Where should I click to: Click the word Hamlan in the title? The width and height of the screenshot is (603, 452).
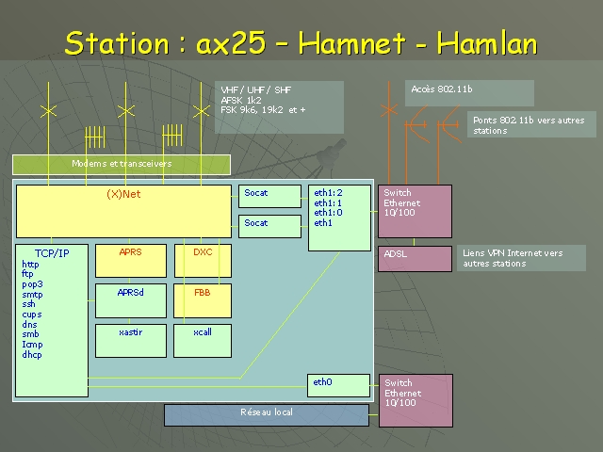coord(487,42)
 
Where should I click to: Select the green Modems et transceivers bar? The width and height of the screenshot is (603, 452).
coord(122,165)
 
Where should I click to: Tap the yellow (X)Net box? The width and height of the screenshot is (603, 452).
coord(123,211)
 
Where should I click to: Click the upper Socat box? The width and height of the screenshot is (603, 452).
coord(269,197)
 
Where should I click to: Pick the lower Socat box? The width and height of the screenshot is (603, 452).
coord(269,226)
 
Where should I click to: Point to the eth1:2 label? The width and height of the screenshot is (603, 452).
coord(328,192)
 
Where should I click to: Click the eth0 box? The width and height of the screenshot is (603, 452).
coord(338,385)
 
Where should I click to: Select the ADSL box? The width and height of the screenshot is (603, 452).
coord(415,259)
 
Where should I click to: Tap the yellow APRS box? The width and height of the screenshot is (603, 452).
coord(131,261)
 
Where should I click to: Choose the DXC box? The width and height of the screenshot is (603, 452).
coord(203,261)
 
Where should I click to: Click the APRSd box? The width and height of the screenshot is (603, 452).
coord(131,301)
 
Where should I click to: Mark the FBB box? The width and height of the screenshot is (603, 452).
coord(203,301)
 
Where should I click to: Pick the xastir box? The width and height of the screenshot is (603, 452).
coord(131,341)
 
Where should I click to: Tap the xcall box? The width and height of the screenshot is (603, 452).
coord(203,341)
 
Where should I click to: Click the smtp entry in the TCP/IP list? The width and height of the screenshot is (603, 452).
coord(32,295)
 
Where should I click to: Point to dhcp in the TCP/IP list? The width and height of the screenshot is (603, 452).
coord(32,354)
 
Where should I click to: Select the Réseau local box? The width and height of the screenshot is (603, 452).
coord(267,415)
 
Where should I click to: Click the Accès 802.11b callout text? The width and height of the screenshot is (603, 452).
coord(442,89)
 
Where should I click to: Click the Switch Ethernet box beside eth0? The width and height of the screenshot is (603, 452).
coord(416,400)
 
